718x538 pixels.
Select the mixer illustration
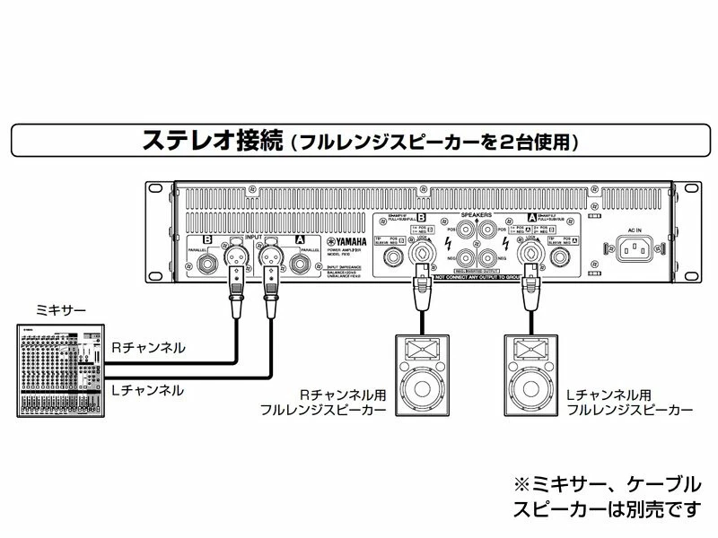59,368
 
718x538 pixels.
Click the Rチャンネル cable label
147,345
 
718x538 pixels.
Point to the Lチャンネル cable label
147,390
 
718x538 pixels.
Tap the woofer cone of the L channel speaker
530,389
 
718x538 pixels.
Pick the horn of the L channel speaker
530,349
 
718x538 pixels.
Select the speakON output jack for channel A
531,257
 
